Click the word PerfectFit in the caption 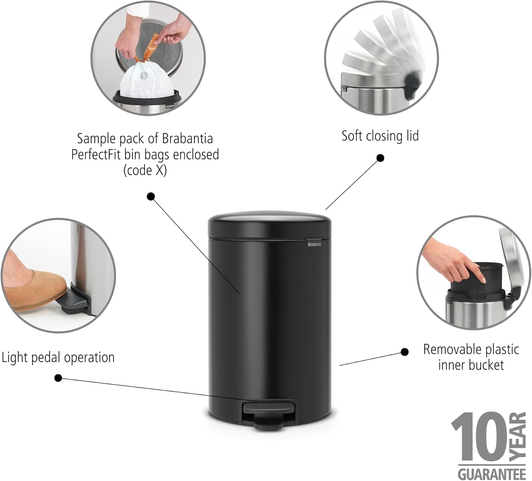[x=96, y=154]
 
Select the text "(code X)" [x=145, y=170]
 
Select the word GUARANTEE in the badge [x=492, y=473]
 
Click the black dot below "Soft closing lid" [x=380, y=158]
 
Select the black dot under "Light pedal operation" [x=58, y=378]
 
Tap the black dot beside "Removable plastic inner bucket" [x=404, y=352]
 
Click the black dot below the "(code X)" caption [x=151, y=196]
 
